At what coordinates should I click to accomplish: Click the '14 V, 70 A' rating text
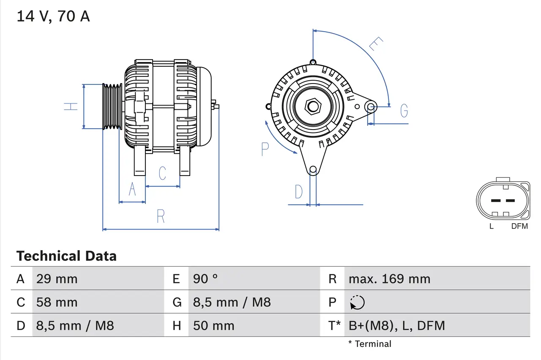[x=53, y=16]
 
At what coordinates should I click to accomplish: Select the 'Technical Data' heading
[x=66, y=256]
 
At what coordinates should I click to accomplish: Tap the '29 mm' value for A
[x=57, y=279]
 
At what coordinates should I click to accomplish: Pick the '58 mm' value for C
[x=57, y=302]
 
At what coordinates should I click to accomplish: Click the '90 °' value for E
[x=205, y=279]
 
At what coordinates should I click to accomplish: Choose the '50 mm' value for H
[x=213, y=325]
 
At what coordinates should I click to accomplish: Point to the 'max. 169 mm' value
[x=389, y=279]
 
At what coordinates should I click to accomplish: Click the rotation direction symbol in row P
[x=357, y=302]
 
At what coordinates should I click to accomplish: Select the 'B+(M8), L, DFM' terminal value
[x=396, y=325]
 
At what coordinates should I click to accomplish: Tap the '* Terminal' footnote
[x=370, y=344]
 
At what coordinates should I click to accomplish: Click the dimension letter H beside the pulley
[x=71, y=106]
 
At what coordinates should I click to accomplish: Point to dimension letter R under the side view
[x=161, y=217]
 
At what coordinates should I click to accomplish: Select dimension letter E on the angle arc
[x=376, y=44]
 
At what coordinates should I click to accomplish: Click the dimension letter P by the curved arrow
[x=265, y=149]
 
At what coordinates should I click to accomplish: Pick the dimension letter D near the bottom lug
[x=299, y=192]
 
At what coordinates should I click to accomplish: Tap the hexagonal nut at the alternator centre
[x=313, y=106]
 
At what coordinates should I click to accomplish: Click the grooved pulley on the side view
[x=112, y=106]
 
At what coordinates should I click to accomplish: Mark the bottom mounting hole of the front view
[x=313, y=170]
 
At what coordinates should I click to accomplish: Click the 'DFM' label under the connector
[x=519, y=226]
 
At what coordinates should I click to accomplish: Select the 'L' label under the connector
[x=491, y=226]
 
